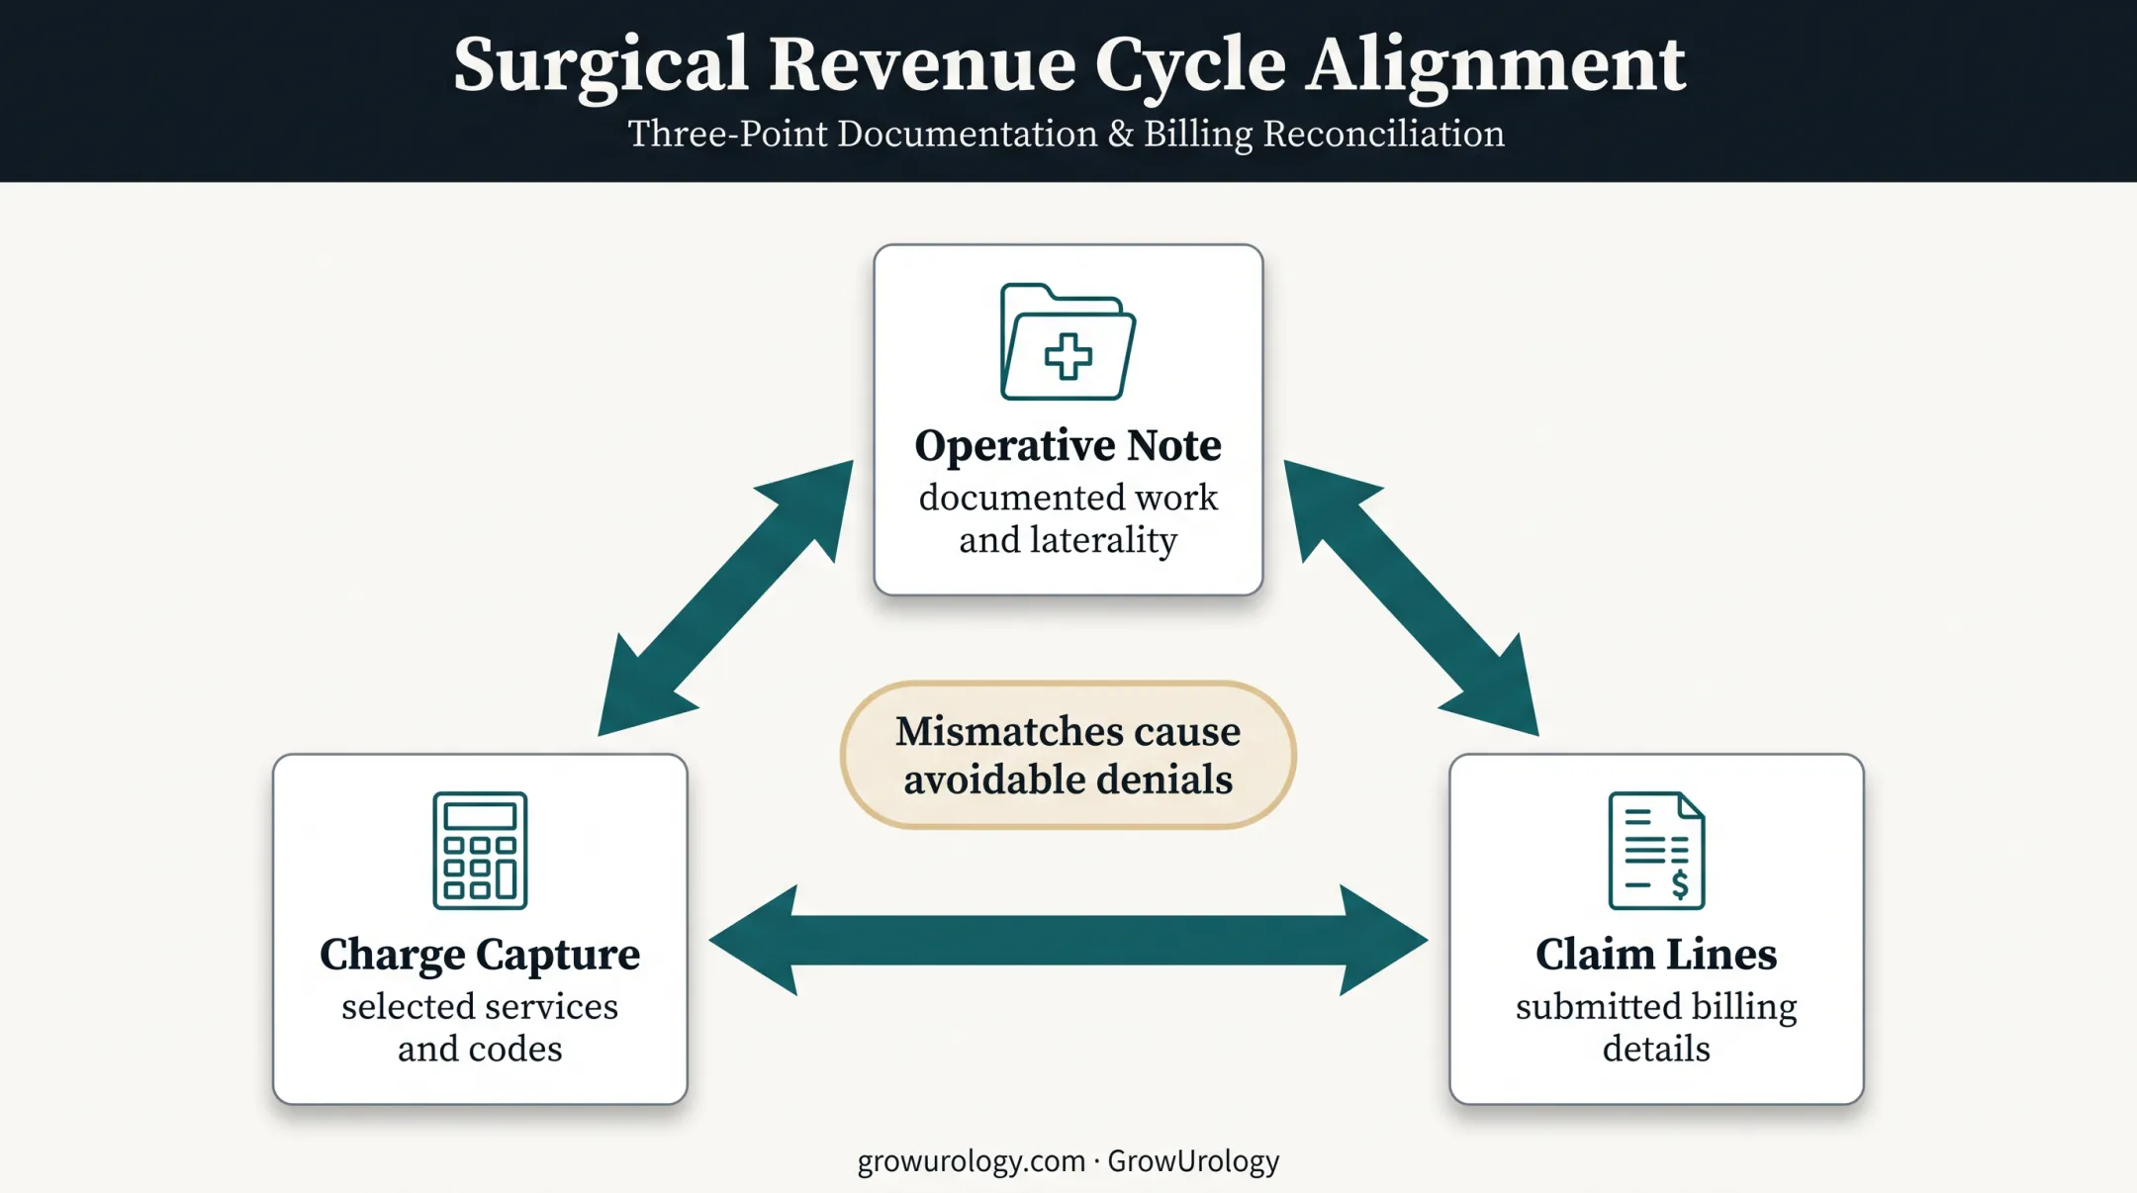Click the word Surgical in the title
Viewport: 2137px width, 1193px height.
(x=601, y=66)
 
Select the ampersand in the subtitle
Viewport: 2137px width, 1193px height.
(x=1121, y=134)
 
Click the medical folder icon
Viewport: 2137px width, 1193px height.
(x=1068, y=342)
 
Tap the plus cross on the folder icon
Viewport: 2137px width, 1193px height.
(x=1068, y=356)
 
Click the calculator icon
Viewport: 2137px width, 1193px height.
(x=480, y=851)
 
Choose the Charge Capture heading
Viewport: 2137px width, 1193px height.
(x=480, y=956)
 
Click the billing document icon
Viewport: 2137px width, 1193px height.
(x=1657, y=851)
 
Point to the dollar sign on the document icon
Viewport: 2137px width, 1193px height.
(x=1680, y=883)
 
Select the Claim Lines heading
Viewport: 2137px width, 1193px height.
(x=1656, y=956)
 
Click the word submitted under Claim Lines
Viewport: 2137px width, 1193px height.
(x=1593, y=1007)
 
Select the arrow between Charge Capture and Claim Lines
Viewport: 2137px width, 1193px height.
(x=1068, y=940)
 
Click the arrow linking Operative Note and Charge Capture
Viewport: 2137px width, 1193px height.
(x=725, y=598)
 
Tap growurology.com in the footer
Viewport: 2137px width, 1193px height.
(x=972, y=1161)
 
